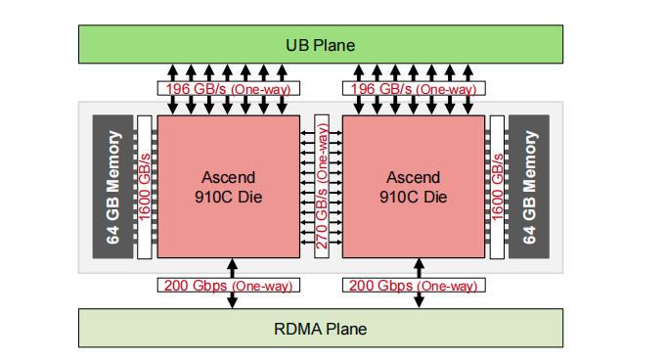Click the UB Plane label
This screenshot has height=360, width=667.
pyautogui.click(x=320, y=45)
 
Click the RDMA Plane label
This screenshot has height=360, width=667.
pyautogui.click(x=320, y=329)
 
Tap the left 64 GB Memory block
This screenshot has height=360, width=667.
pyautogui.click(x=113, y=187)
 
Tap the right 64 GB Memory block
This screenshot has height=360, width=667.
pyautogui.click(x=530, y=187)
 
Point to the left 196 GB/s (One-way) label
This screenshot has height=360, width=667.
pyautogui.click(x=228, y=89)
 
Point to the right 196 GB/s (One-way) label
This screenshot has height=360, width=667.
pyautogui.click(x=412, y=89)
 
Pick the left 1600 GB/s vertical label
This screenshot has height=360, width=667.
pyautogui.click(x=146, y=187)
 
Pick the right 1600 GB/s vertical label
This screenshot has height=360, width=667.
pyautogui.click(x=499, y=187)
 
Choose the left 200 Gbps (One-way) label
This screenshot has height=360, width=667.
pyautogui.click(x=228, y=286)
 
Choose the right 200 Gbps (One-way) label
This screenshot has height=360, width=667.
pyautogui.click(x=412, y=286)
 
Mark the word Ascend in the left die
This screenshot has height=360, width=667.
pyautogui.click(x=229, y=177)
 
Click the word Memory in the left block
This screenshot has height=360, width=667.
pyautogui.click(x=113, y=160)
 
